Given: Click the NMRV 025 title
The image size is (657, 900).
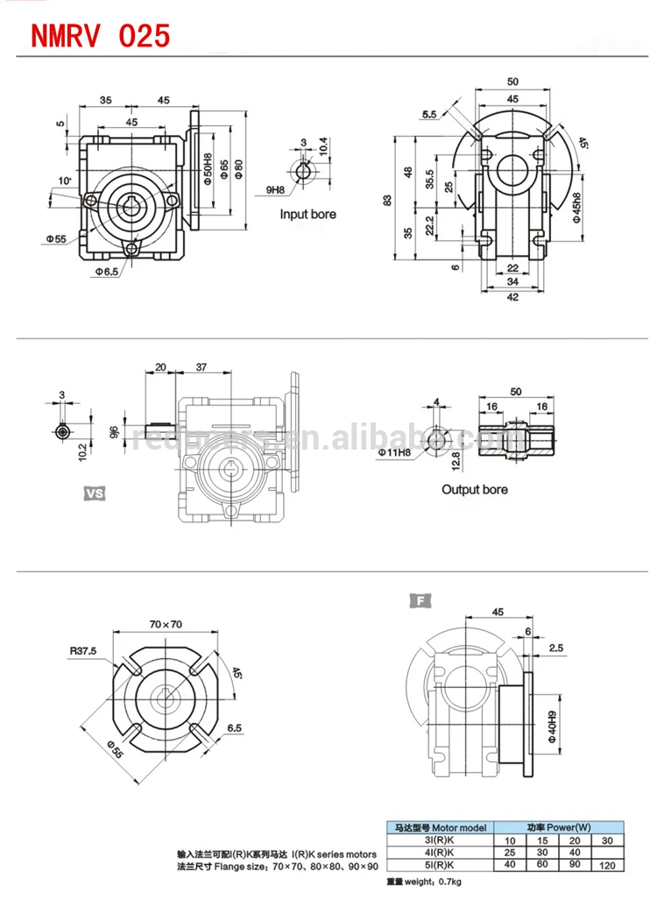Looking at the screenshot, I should click(x=101, y=34).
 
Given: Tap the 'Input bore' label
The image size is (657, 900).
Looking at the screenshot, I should click(x=307, y=214).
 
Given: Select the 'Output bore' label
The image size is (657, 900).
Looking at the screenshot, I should click(x=474, y=489).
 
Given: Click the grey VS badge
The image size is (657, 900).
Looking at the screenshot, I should click(x=94, y=493).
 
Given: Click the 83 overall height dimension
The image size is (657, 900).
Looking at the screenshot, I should click(x=387, y=200).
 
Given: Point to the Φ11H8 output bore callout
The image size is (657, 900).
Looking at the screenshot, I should click(x=395, y=453).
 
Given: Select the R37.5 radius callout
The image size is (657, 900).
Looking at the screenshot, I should click(x=85, y=651).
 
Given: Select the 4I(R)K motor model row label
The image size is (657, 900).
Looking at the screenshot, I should click(x=440, y=852).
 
